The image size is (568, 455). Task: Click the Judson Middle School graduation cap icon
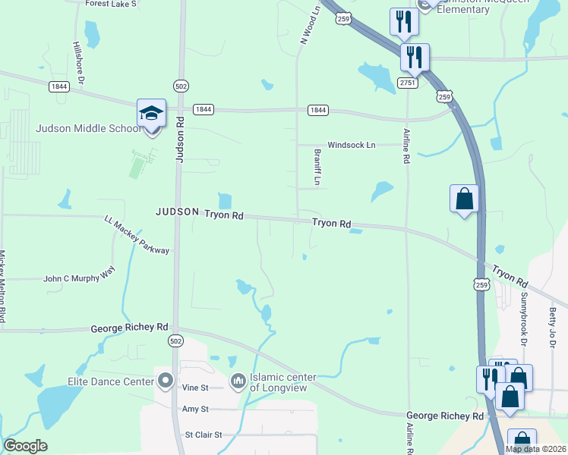(x=151, y=114)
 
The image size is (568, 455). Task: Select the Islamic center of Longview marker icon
(x=238, y=379)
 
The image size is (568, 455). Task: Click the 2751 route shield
(x=409, y=83)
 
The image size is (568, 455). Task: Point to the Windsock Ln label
(x=351, y=145)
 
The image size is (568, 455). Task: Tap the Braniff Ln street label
(x=318, y=167)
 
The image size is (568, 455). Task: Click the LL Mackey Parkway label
(x=137, y=235)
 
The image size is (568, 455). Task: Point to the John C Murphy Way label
(x=80, y=279)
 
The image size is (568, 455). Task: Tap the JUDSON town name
(x=177, y=212)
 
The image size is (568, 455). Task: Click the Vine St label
(x=196, y=388)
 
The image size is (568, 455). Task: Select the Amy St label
(x=195, y=409)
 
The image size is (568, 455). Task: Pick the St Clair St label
(x=204, y=435)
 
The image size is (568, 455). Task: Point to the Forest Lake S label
(x=111, y=4)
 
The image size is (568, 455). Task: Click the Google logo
(x=25, y=446)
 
